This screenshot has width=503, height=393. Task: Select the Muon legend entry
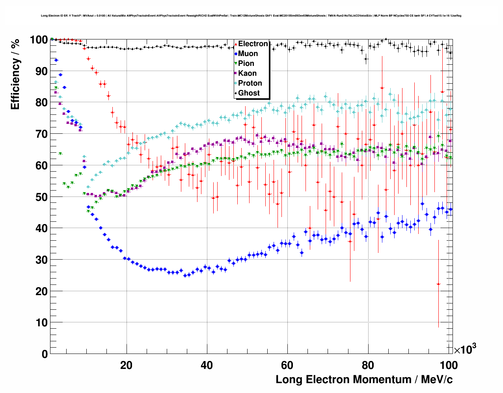(248, 54)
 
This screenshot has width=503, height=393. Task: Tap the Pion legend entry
(246, 64)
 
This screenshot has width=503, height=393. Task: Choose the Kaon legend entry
(247, 73)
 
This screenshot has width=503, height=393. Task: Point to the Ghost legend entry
(249, 93)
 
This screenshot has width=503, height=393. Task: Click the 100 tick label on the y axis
(39, 40)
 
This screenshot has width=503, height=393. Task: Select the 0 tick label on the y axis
(45, 354)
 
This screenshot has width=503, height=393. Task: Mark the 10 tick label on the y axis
(41, 323)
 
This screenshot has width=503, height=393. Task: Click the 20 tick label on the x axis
(126, 365)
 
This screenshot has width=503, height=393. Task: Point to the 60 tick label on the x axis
(287, 365)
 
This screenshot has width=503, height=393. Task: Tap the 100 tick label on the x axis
(448, 365)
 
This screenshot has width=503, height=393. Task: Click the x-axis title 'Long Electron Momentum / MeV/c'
(364, 380)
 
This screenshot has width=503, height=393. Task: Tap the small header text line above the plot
(251, 16)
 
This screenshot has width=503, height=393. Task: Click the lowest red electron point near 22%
(438, 284)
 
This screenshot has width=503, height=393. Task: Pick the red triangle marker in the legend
(236, 44)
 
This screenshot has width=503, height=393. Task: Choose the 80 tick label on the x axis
(368, 365)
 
